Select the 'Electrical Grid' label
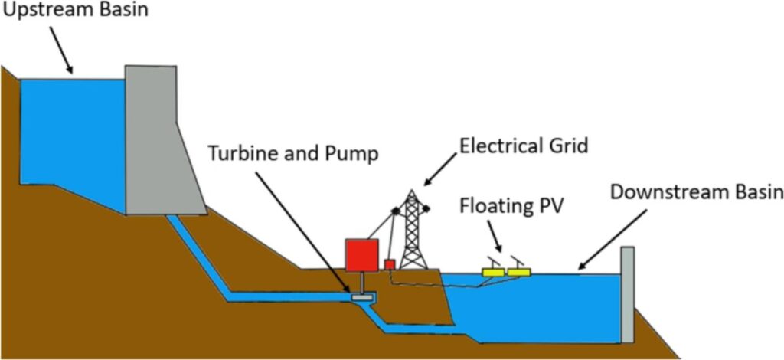click(x=524, y=146)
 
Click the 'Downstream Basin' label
click(x=697, y=192)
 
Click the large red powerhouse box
click(x=361, y=255)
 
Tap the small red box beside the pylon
click(x=390, y=264)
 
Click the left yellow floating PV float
click(x=494, y=272)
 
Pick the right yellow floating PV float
click(x=518, y=272)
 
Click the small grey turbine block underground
click(x=361, y=297)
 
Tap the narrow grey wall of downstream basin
click(x=628, y=294)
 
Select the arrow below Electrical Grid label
click(x=440, y=169)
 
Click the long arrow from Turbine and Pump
click(x=303, y=232)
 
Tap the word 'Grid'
click(x=569, y=146)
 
